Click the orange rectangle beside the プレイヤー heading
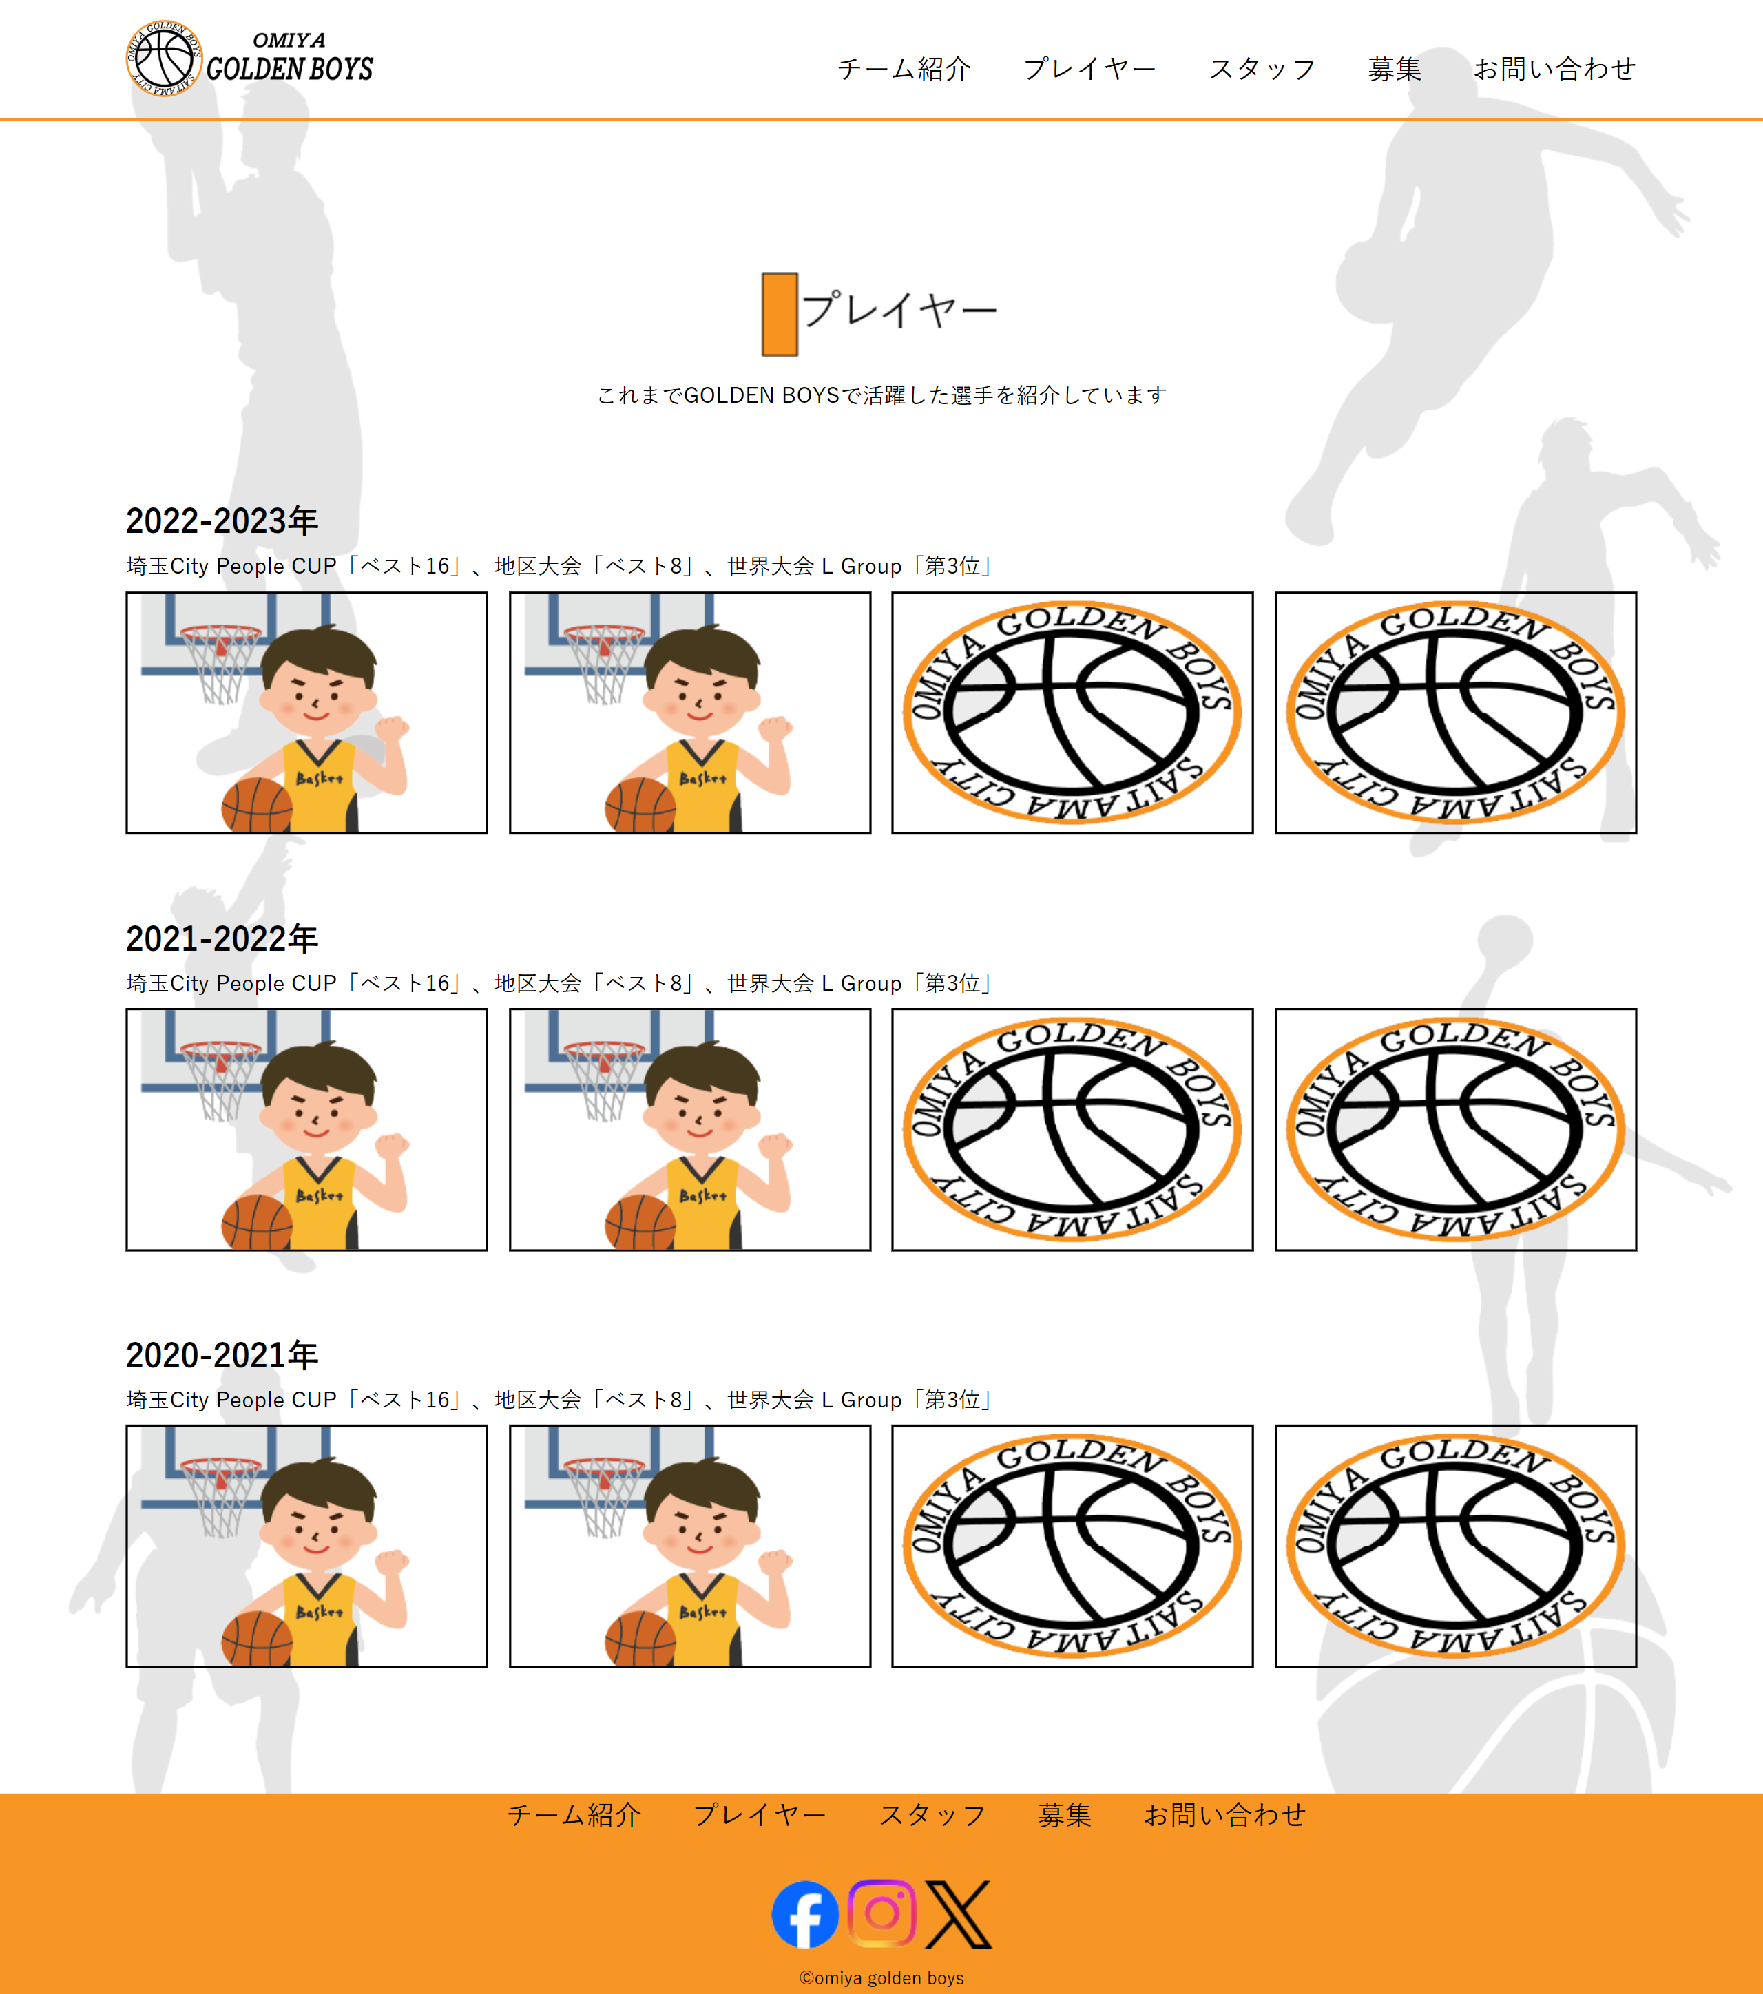(x=780, y=314)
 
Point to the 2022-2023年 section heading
(x=222, y=521)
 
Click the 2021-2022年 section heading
(x=222, y=938)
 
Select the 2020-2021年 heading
(x=222, y=1355)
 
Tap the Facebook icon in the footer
(x=805, y=1914)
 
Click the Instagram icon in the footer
(x=882, y=1914)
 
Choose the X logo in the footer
(x=958, y=1914)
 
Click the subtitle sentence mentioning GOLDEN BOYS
(x=882, y=395)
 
